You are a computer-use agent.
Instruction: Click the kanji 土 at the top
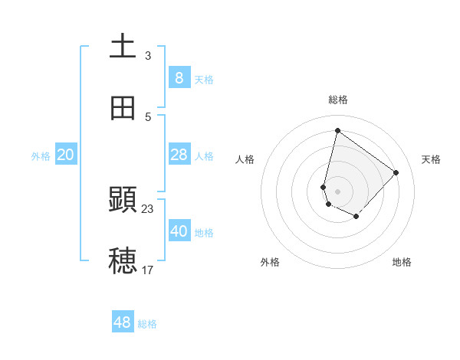[x=123, y=46]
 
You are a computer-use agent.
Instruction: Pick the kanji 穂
[x=123, y=260]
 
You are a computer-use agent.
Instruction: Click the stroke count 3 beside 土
[x=148, y=55]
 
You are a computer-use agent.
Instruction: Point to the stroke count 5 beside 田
[x=148, y=116]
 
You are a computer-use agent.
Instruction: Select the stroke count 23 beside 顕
[x=148, y=208]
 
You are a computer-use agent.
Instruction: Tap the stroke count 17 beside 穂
[x=148, y=270]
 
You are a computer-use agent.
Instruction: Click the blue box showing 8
[x=179, y=78]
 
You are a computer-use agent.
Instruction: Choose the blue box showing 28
[x=179, y=155]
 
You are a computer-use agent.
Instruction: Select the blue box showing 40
[x=179, y=232]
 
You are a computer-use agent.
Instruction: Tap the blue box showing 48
[x=123, y=322]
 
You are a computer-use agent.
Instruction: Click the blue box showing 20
[x=65, y=155]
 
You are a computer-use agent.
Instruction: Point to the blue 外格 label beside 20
[x=41, y=156]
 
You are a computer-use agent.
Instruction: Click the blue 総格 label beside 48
[x=147, y=324]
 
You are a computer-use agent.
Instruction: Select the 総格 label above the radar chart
[x=338, y=100]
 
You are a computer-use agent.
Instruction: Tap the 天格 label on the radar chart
[x=432, y=159]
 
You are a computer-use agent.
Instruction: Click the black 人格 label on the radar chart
[x=245, y=159]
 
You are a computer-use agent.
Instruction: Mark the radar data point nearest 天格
[x=396, y=172]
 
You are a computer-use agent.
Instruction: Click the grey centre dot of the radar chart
[x=338, y=191]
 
